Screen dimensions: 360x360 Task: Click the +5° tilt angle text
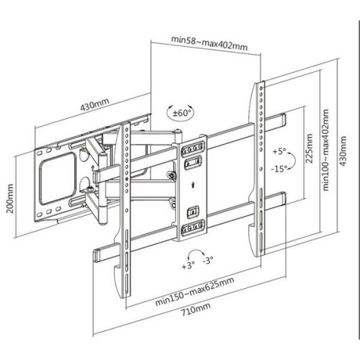280,152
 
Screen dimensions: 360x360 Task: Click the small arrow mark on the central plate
191,184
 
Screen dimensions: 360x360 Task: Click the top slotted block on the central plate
192,149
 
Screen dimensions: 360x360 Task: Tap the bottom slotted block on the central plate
192,229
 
